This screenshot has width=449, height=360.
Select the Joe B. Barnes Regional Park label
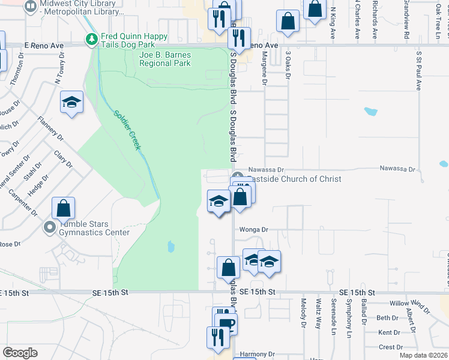point(164,59)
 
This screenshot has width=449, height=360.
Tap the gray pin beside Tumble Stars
point(50,227)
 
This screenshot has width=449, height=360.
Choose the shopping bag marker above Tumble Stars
point(63,208)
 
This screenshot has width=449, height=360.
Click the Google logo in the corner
point(19,352)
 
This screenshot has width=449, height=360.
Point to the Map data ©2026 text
point(423,355)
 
